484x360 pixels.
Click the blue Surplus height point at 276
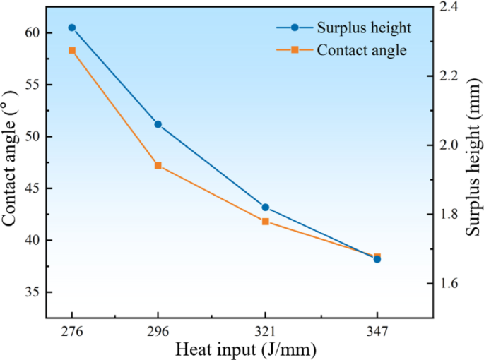72,28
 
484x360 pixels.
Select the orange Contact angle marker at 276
72,50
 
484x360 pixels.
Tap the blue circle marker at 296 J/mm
158,124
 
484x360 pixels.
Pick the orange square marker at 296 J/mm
158,166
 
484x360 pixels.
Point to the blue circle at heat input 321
266,208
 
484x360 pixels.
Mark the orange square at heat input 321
266,222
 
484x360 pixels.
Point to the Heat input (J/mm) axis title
245,349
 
